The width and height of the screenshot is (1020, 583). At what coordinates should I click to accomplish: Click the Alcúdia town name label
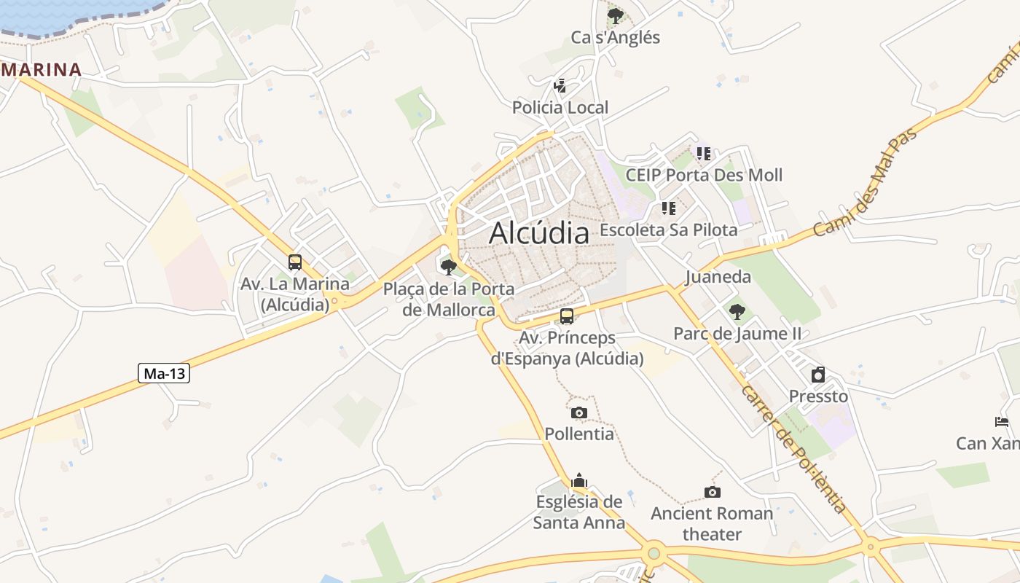tap(539, 233)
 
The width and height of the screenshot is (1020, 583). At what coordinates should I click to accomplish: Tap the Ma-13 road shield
tap(164, 374)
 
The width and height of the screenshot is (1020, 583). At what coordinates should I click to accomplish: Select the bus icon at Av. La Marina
tap(295, 262)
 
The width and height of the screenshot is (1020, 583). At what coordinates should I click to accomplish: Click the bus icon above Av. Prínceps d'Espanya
tap(567, 316)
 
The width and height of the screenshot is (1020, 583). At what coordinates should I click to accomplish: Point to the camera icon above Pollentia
tap(579, 413)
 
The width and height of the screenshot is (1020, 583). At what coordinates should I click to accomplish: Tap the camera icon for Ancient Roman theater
tap(713, 492)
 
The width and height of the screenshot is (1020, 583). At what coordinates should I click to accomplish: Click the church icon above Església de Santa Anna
tap(579, 480)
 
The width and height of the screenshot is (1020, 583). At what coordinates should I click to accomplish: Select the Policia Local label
tap(560, 108)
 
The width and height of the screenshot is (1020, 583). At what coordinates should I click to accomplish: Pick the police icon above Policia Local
tap(560, 86)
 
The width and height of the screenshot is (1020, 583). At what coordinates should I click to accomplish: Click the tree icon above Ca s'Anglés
tap(616, 15)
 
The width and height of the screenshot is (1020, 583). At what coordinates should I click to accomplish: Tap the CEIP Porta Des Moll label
tap(704, 175)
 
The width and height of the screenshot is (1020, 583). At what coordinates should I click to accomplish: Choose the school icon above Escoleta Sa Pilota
tap(669, 208)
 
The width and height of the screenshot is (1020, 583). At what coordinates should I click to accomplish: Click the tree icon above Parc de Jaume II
tap(737, 312)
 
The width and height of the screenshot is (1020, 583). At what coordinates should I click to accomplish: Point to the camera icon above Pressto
tap(818, 375)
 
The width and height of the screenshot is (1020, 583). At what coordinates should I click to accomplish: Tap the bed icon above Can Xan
tap(1002, 421)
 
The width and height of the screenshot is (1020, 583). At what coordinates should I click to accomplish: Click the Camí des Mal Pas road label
tap(865, 182)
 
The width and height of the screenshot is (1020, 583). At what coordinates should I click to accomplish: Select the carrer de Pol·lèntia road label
tap(794, 448)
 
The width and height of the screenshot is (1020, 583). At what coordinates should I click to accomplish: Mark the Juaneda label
tap(718, 277)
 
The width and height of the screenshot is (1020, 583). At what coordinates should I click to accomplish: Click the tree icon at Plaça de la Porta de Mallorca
tap(449, 267)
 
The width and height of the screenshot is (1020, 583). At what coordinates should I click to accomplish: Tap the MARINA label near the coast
tap(42, 70)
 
